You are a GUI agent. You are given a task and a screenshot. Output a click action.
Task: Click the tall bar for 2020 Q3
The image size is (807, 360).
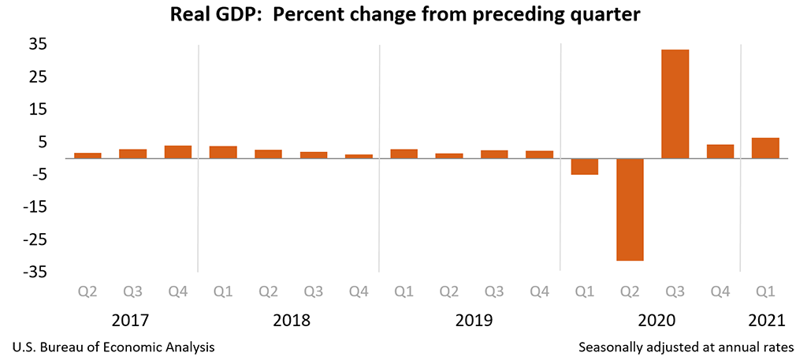(675, 104)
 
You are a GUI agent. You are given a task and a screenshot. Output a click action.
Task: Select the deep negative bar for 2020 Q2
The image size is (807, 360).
(630, 210)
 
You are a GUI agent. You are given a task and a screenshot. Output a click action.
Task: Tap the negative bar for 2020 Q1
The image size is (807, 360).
(585, 166)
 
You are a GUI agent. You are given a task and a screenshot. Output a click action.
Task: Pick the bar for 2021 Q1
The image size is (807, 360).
(765, 148)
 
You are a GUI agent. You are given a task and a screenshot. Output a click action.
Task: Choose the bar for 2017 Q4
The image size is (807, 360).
(178, 152)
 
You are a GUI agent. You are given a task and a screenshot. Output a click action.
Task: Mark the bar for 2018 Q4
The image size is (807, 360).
(359, 156)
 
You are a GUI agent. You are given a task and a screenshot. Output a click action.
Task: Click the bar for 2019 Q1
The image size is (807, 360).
(404, 154)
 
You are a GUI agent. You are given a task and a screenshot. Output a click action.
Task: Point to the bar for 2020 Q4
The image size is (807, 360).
(720, 151)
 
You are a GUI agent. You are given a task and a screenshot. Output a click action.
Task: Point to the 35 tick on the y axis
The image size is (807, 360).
(38, 44)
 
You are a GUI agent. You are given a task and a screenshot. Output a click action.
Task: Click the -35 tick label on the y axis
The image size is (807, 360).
(35, 272)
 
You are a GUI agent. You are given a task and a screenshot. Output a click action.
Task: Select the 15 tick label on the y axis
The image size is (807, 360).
(38, 109)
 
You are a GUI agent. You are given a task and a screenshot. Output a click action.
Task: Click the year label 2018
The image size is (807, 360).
(292, 321)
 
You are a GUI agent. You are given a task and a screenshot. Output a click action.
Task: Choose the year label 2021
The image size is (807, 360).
(766, 321)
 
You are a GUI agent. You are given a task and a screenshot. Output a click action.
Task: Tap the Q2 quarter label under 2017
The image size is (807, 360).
(87, 292)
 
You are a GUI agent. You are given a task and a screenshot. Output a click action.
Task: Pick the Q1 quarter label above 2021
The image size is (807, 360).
(765, 292)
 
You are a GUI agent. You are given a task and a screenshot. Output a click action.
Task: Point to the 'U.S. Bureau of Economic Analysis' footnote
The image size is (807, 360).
(113, 347)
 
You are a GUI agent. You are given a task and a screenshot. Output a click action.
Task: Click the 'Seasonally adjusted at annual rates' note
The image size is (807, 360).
(687, 347)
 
